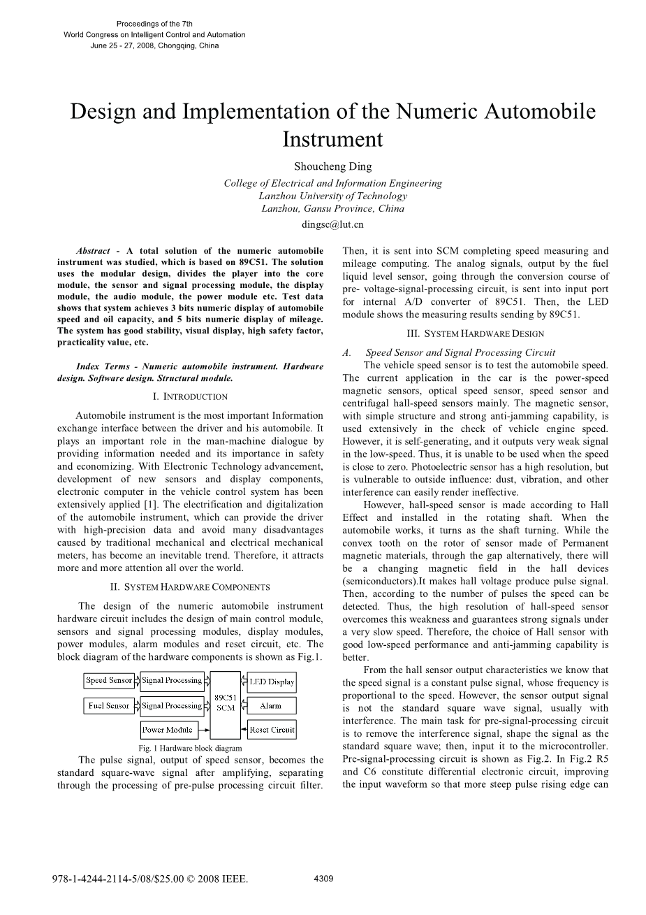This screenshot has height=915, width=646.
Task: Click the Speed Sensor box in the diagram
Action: point(109,680)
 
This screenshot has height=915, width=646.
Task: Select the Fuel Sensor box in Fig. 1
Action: point(109,706)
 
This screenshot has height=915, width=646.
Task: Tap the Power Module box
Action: point(168,730)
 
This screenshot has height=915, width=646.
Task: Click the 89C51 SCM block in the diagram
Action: point(225,703)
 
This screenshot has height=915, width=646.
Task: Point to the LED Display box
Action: point(272,682)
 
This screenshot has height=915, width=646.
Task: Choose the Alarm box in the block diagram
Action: point(271,706)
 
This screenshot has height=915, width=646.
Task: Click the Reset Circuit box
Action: point(272,730)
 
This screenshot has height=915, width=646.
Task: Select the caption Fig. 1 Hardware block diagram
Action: point(190,748)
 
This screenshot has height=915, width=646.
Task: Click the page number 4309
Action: point(323,879)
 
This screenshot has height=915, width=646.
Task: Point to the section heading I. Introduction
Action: point(190,396)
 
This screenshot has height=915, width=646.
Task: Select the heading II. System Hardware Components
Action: point(190,587)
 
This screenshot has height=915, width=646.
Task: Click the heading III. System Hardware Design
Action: point(475,334)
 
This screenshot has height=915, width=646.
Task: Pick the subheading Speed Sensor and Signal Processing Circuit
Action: point(460,352)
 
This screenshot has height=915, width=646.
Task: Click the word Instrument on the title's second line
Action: point(332,139)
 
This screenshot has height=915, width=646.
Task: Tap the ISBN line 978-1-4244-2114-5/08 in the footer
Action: point(150,879)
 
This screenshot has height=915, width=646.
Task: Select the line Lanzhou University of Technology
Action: point(332,196)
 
